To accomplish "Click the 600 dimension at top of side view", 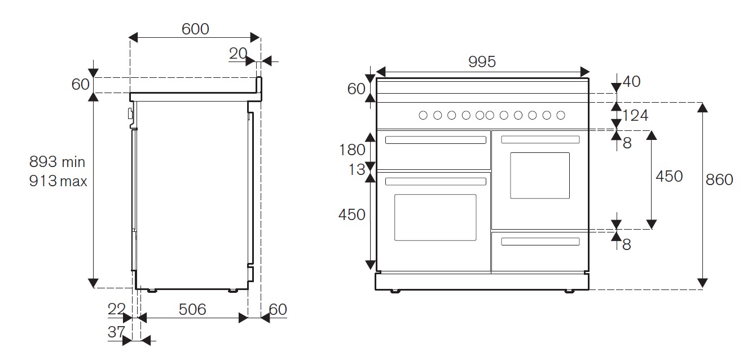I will [195, 29].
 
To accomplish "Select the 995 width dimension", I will [482, 62].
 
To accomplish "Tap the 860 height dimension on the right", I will [719, 179].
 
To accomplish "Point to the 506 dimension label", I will [192, 309].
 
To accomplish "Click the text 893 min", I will [58, 162].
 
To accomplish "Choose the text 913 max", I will [59, 181].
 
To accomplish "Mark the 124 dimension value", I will [635, 116].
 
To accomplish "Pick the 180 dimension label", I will [352, 150].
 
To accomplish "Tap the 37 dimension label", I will [116, 332].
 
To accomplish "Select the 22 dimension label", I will [116, 309].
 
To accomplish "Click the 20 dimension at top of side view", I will [238, 54].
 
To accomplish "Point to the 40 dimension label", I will [632, 82].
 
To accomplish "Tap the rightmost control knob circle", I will [561, 115].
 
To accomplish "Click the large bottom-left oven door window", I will [435, 217].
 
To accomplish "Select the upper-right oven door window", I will [540, 175].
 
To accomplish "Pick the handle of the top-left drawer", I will [435, 140].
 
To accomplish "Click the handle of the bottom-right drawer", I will [540, 242].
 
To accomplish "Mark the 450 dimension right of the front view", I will [669, 176].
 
